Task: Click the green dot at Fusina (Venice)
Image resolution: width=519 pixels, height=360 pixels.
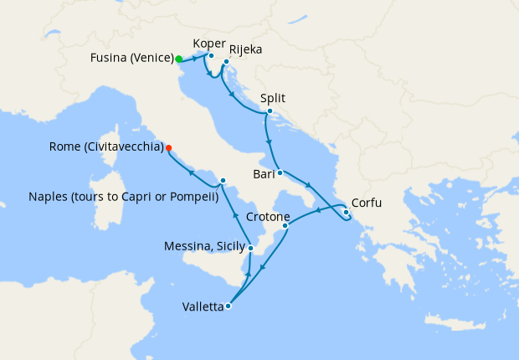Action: click(x=179, y=59)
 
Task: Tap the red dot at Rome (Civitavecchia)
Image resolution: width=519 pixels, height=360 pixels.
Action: click(x=169, y=148)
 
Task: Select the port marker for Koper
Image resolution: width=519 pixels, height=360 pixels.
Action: click(x=211, y=56)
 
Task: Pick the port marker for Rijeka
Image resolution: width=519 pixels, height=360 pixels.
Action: click(x=226, y=62)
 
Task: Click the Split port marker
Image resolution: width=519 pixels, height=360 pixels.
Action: click(x=270, y=111)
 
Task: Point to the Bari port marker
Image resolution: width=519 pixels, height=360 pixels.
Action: click(x=280, y=173)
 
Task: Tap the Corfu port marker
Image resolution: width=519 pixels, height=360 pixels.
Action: click(x=346, y=212)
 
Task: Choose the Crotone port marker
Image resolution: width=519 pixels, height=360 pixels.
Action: click(x=285, y=225)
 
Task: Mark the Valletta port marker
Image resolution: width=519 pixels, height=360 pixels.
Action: click(x=229, y=306)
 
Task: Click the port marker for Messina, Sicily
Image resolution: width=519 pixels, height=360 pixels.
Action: click(x=251, y=248)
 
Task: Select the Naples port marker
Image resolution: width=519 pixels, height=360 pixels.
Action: click(x=223, y=181)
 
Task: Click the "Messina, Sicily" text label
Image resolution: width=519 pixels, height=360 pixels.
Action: click(x=206, y=246)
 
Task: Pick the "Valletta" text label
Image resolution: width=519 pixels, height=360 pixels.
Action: click(x=203, y=306)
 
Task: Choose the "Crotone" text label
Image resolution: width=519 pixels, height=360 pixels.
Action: click(x=268, y=217)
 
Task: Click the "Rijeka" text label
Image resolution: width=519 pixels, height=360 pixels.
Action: click(x=245, y=49)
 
